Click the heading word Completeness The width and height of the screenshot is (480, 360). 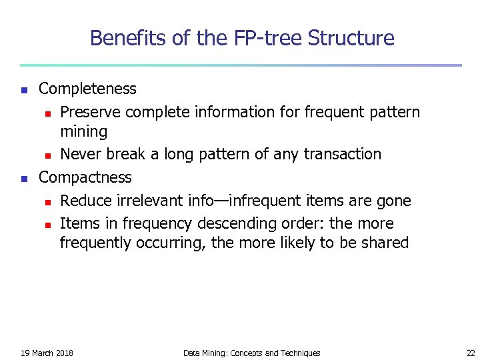coord(87,89)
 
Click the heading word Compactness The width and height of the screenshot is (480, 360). coord(85,177)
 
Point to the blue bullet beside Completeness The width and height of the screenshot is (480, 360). coord(24,89)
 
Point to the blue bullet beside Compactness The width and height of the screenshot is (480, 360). coord(24,178)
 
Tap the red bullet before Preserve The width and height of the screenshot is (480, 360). coord(47,112)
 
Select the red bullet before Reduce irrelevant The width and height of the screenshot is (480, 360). coord(47,201)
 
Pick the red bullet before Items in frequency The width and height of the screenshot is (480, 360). coord(47,224)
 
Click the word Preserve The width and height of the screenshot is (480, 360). coord(90,111)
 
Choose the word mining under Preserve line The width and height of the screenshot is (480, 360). coord(83,132)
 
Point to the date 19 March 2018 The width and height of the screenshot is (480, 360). coord(47,353)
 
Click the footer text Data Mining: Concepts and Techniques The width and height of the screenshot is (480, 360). coord(251,353)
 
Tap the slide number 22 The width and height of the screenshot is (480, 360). coord(471,353)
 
